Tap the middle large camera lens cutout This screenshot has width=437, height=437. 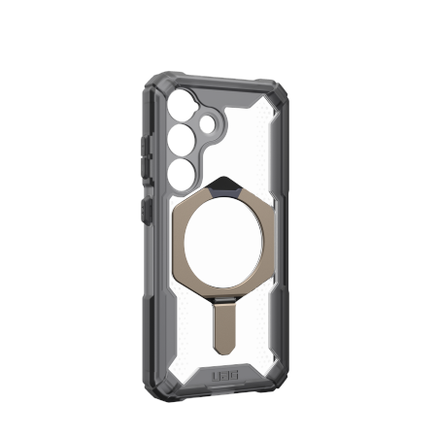coord(182,140)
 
